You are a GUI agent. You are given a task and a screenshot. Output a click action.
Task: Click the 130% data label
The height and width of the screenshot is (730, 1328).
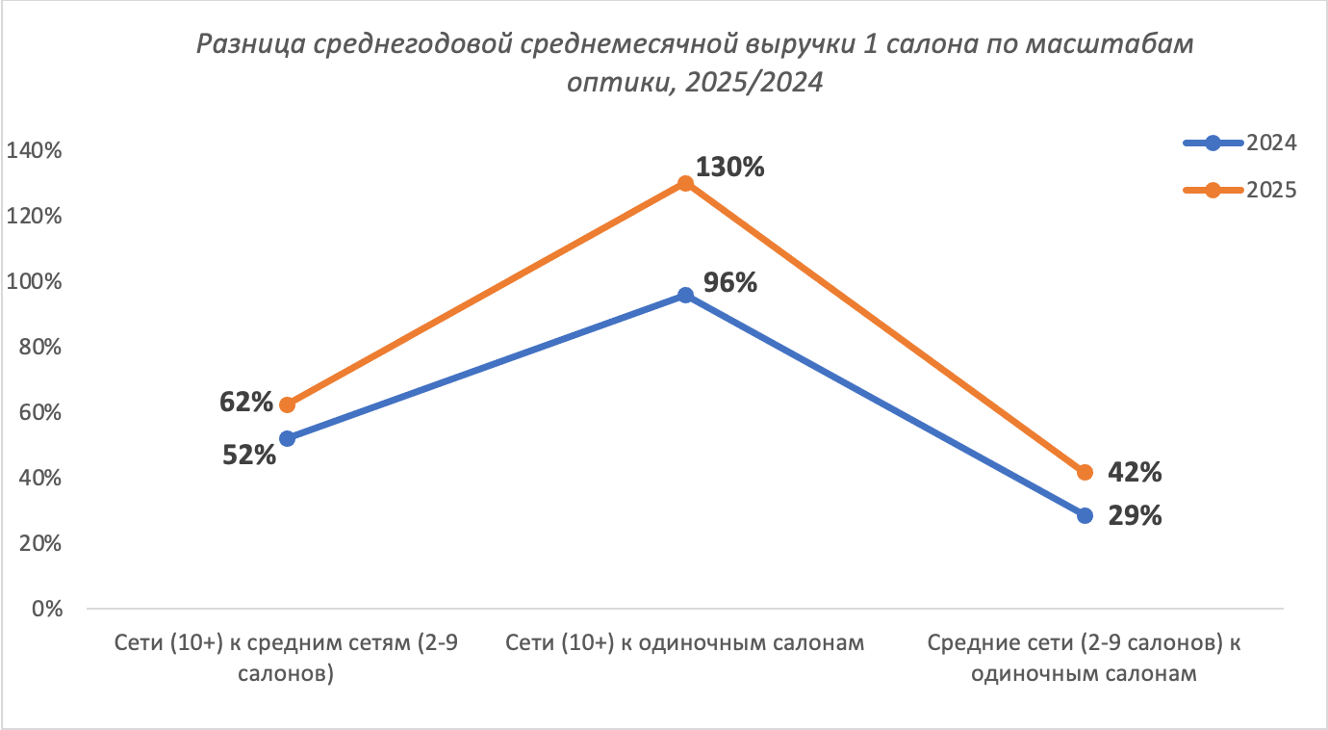(729, 168)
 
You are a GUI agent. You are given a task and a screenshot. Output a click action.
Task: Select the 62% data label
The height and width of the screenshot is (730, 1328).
(246, 402)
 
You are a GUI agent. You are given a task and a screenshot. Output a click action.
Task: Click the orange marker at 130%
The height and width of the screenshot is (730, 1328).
(685, 183)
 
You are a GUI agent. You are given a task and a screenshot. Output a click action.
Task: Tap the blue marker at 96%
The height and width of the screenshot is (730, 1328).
(685, 295)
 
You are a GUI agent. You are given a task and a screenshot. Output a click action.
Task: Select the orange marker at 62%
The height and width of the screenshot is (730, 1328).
(287, 404)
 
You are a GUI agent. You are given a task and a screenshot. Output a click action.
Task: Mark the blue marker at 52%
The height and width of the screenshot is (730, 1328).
(287, 438)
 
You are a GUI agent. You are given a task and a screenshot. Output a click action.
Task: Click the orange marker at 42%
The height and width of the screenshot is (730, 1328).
(1085, 472)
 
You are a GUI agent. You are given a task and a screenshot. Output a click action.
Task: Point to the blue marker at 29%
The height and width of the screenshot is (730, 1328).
(1085, 515)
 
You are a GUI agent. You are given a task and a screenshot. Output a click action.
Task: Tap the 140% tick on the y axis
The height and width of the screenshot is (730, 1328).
(35, 151)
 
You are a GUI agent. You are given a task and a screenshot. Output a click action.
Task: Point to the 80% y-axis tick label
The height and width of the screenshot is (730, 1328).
(40, 348)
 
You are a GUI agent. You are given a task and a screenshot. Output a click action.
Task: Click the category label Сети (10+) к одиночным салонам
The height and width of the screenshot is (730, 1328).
(685, 643)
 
